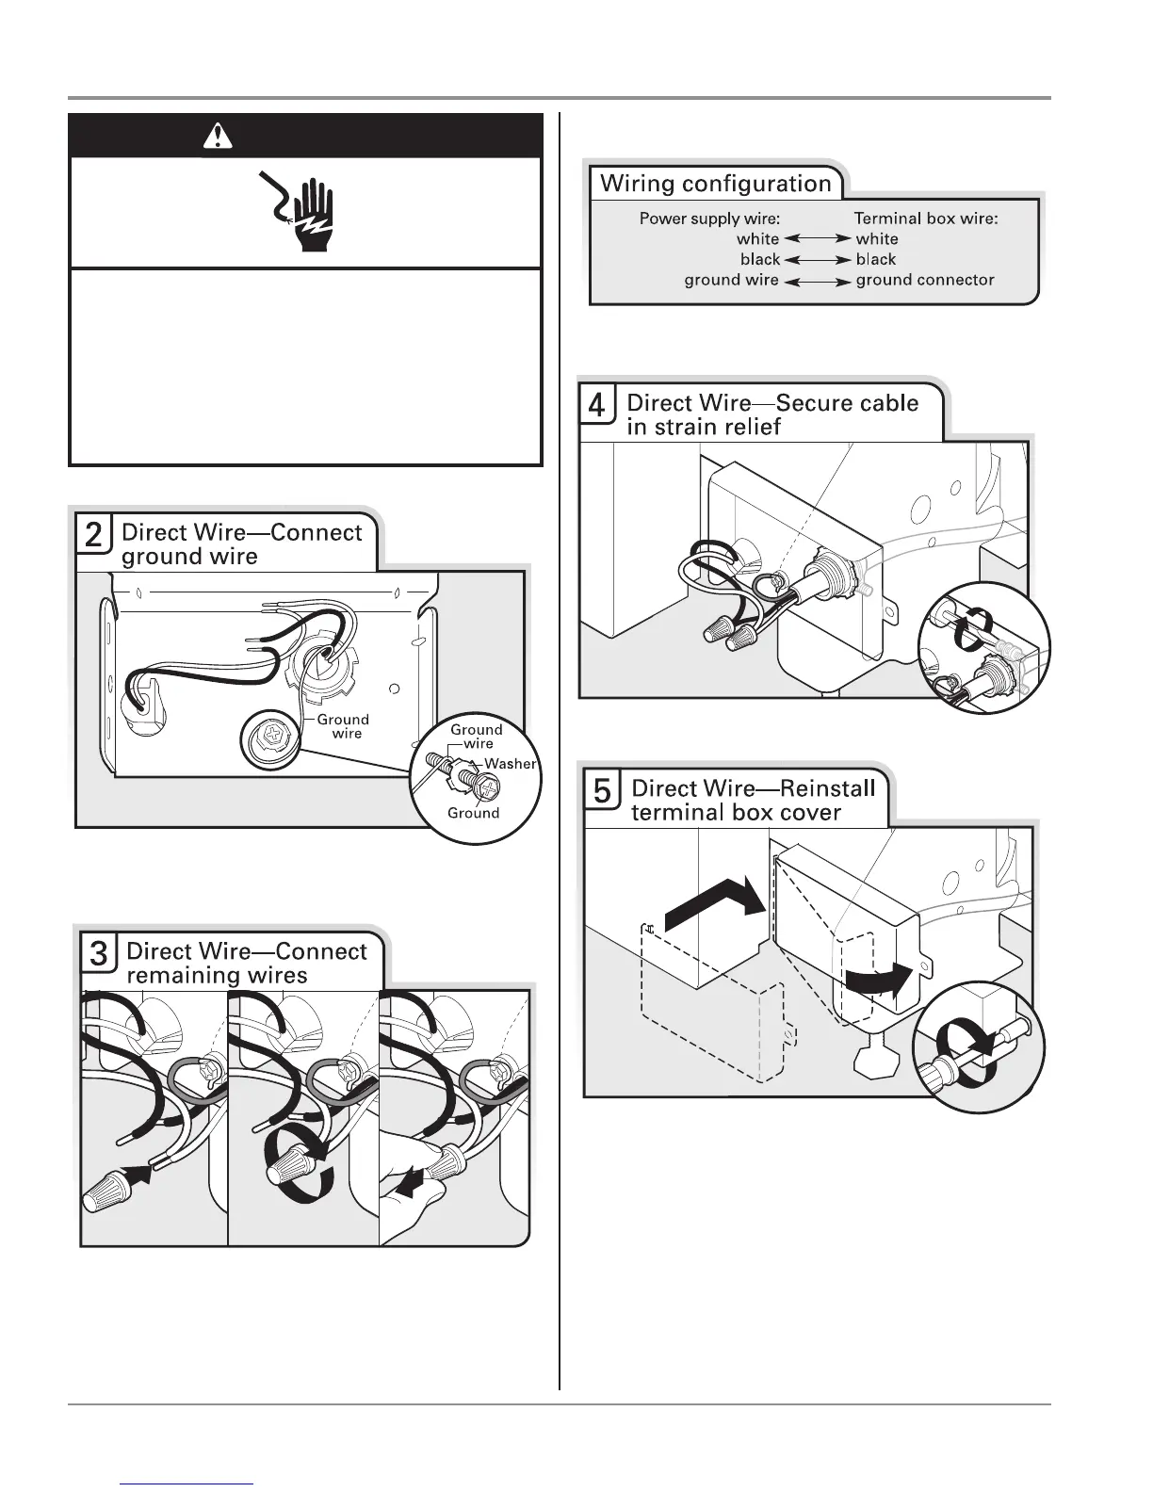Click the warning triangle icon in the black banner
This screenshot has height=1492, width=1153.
(x=218, y=138)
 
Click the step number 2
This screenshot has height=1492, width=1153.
(x=94, y=536)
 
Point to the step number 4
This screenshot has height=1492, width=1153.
(x=597, y=406)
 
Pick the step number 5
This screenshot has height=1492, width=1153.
(x=602, y=792)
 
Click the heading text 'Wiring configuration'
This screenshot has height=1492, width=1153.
(x=716, y=184)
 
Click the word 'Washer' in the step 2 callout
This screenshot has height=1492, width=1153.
(x=510, y=764)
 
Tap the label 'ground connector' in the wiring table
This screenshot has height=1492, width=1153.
(x=925, y=280)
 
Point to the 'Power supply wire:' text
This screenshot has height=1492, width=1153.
(x=709, y=219)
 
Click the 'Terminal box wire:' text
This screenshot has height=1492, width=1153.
(x=926, y=219)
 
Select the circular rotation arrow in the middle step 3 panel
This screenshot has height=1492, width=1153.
(x=293, y=1162)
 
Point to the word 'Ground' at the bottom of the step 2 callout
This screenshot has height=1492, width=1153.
(x=473, y=814)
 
